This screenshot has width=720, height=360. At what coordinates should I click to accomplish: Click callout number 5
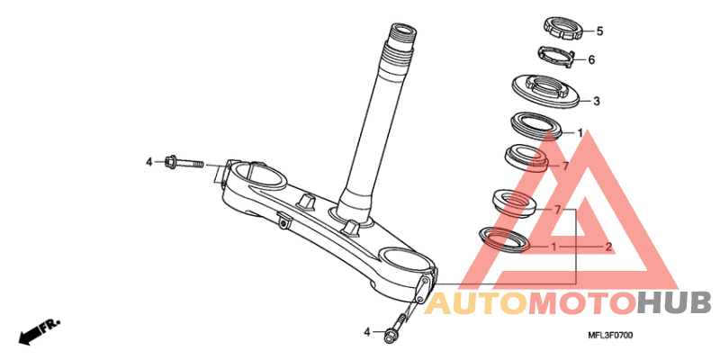pyautogui.click(x=599, y=31)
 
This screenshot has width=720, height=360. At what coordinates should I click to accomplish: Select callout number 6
pyautogui.click(x=591, y=60)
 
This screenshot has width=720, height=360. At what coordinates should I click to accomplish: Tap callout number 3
pyautogui.click(x=597, y=102)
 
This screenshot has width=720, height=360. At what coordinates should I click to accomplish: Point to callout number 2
pyautogui.click(x=608, y=247)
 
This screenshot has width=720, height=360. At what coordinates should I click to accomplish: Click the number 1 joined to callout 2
pyautogui.click(x=553, y=247)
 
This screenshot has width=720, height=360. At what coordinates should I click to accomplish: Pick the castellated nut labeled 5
pyautogui.click(x=563, y=29)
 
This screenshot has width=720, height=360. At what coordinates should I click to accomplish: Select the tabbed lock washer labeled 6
pyautogui.click(x=557, y=57)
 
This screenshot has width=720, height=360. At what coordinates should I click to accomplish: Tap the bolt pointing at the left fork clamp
pyautogui.click(x=184, y=163)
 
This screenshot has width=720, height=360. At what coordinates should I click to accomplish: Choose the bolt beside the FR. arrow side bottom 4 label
pyautogui.click(x=397, y=327)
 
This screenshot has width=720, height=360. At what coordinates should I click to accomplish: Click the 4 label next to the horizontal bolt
pyautogui.click(x=148, y=162)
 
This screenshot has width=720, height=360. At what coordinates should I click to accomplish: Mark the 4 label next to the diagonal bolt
pyautogui.click(x=367, y=331)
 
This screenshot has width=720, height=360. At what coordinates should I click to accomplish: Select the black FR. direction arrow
pyautogui.click(x=39, y=331)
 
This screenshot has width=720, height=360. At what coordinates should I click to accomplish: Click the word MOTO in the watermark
pyautogui.click(x=582, y=305)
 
